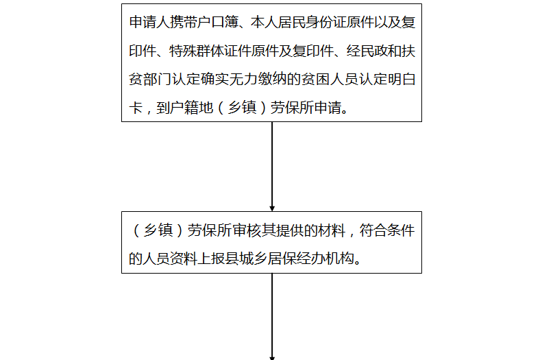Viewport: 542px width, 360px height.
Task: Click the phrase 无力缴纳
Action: coord(257,79)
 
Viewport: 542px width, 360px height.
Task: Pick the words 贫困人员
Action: coord(329,79)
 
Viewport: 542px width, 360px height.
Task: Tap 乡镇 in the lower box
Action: coord(158,230)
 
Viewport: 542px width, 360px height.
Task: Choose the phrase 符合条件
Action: coord(386,230)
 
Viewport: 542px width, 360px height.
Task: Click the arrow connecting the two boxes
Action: coord(272,167)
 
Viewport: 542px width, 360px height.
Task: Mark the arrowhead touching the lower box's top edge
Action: coord(272,209)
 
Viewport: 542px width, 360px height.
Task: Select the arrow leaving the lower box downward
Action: coord(272,316)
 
